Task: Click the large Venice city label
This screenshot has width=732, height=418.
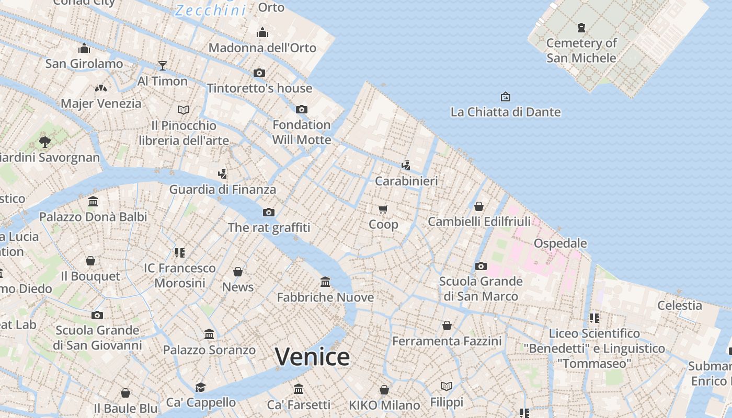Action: [312, 357]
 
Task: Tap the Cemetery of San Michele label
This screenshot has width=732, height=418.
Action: [581, 50]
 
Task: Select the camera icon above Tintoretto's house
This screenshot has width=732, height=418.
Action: [259, 73]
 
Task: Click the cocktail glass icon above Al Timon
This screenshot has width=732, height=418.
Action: [163, 65]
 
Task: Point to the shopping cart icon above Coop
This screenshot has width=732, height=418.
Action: [383, 210]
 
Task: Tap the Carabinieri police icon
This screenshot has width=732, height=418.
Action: [406, 166]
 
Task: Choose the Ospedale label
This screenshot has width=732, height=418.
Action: [560, 243]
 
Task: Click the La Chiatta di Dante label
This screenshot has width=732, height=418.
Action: [505, 112]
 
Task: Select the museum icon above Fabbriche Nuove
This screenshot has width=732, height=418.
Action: [325, 282]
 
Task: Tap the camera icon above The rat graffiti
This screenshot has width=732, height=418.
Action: [269, 212]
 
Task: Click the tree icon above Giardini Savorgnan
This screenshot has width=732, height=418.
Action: [45, 141]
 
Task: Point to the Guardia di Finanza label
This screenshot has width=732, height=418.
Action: [222, 189]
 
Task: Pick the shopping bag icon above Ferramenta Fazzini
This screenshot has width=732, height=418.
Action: [447, 326]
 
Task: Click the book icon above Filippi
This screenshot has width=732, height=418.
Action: [447, 386]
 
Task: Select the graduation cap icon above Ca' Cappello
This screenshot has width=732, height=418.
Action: [200, 387]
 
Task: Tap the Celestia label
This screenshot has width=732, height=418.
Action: [679, 305]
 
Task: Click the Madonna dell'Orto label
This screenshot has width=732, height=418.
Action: [262, 48]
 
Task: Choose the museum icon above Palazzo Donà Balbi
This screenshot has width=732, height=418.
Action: [93, 201]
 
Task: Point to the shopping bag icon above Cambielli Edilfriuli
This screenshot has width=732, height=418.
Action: [479, 206]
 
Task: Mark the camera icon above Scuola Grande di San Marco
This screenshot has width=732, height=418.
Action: [481, 266]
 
